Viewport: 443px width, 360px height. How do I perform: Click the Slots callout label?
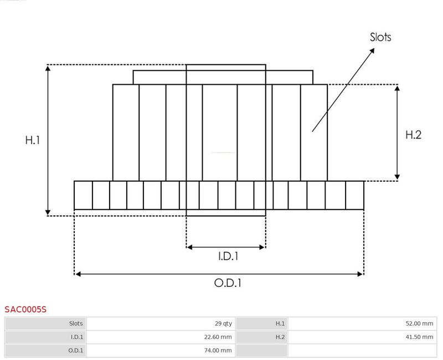pyautogui.click(x=380, y=37)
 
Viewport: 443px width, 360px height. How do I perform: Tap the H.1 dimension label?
pyautogui.click(x=33, y=140)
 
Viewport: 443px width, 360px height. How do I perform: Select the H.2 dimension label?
pyautogui.click(x=413, y=135)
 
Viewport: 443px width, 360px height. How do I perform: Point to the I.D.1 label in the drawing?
pyautogui.click(x=228, y=256)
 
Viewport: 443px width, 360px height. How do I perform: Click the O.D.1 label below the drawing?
pyautogui.click(x=228, y=283)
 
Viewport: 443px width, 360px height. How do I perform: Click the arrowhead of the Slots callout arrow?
pyautogui.click(x=372, y=50)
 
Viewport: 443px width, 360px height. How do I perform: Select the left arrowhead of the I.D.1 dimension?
pyautogui.click(x=189, y=247)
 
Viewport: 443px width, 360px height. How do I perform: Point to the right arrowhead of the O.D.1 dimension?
pyautogui.click(x=360, y=274)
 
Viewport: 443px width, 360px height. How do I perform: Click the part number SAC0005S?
pyautogui.click(x=25, y=310)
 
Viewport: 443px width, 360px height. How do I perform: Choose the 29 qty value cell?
pyautogui.click(x=223, y=323)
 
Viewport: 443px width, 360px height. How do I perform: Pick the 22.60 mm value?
pyautogui.click(x=218, y=337)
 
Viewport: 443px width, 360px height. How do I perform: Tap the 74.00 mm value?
pyautogui.click(x=218, y=351)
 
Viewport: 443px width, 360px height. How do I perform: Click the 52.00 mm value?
pyautogui.click(x=419, y=323)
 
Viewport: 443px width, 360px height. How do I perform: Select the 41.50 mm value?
pyautogui.click(x=419, y=337)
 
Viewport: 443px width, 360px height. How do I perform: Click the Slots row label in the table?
pyautogui.click(x=76, y=323)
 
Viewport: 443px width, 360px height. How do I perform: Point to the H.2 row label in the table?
pyautogui.click(x=280, y=337)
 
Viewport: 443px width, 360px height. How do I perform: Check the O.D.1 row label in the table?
pyautogui.click(x=76, y=351)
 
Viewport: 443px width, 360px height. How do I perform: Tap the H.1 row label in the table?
pyautogui.click(x=280, y=323)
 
